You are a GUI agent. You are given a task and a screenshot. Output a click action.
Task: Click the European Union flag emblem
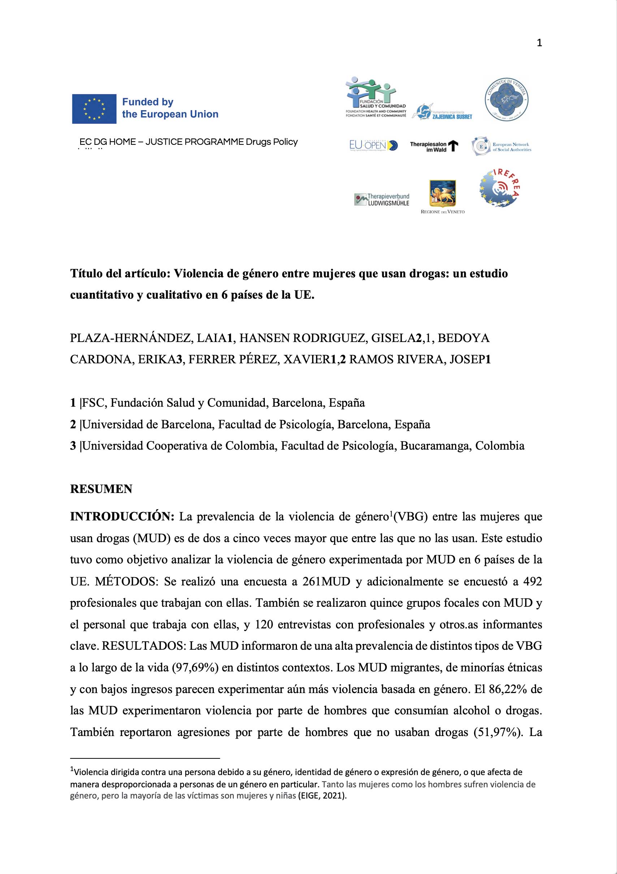(x=94, y=108)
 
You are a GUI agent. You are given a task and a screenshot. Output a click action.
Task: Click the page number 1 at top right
(x=539, y=43)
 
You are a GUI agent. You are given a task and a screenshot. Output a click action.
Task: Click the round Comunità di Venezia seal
(x=506, y=99)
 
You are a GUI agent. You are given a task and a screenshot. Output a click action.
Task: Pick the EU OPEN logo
(x=373, y=145)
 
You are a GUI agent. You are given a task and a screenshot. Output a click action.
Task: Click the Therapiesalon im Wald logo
(x=434, y=147)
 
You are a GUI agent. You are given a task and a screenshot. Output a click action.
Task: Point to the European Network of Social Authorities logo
(x=501, y=147)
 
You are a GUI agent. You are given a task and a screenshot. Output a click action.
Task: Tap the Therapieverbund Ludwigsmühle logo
(x=381, y=199)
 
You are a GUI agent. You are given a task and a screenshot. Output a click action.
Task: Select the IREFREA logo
(x=499, y=188)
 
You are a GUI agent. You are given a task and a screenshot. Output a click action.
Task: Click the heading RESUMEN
(x=101, y=489)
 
